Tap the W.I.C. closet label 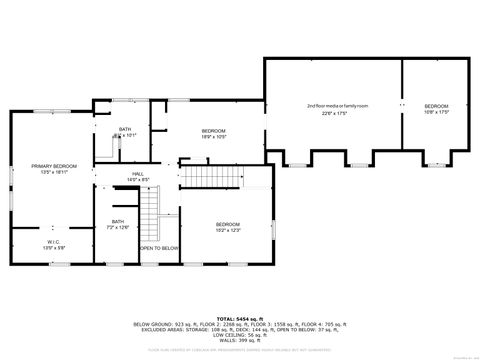[x=52, y=240]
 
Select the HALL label [x=138, y=174]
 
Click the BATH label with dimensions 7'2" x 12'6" [x=118, y=221]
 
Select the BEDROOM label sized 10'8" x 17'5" [x=436, y=106]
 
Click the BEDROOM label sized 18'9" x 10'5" [x=214, y=131]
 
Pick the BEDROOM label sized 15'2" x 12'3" [x=228, y=224]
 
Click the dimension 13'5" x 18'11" [x=52, y=171]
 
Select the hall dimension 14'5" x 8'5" [x=138, y=181]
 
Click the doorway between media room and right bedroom [x=402, y=105]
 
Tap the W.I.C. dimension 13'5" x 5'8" [x=52, y=247]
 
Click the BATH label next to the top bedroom [x=125, y=129]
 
